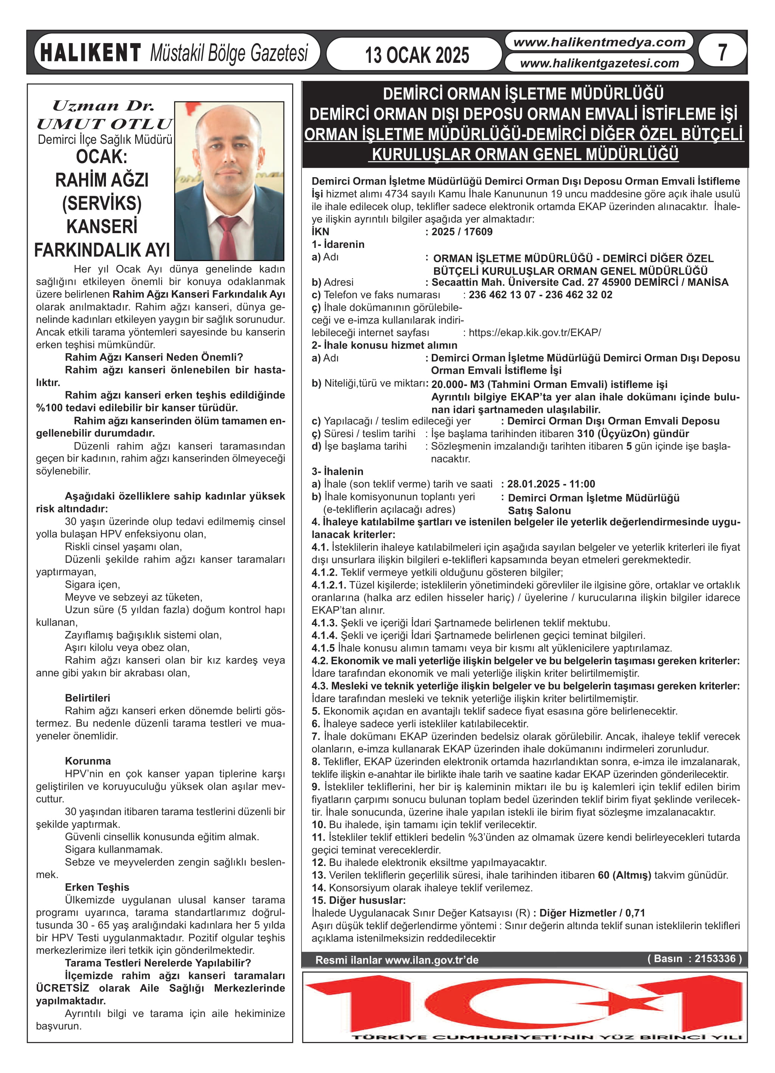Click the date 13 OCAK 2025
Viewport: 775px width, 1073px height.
(x=416, y=55)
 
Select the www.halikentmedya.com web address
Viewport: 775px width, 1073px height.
(x=599, y=42)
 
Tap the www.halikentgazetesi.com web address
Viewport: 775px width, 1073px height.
(x=599, y=63)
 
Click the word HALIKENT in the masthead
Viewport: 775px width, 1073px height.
(x=90, y=53)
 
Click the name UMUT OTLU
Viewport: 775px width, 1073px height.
(x=104, y=124)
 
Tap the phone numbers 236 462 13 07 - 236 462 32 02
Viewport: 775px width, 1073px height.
(x=540, y=295)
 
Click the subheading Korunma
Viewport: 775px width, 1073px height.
(x=87, y=761)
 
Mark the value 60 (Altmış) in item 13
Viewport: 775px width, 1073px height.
(x=624, y=875)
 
